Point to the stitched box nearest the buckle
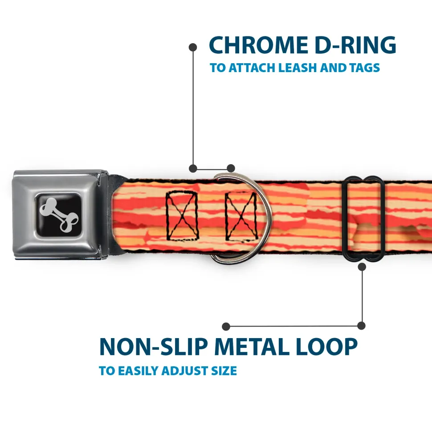182,215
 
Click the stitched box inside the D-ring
241,215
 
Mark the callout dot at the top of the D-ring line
193,47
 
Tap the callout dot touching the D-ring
231,168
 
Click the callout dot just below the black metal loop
362,267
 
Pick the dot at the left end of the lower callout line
226,327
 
